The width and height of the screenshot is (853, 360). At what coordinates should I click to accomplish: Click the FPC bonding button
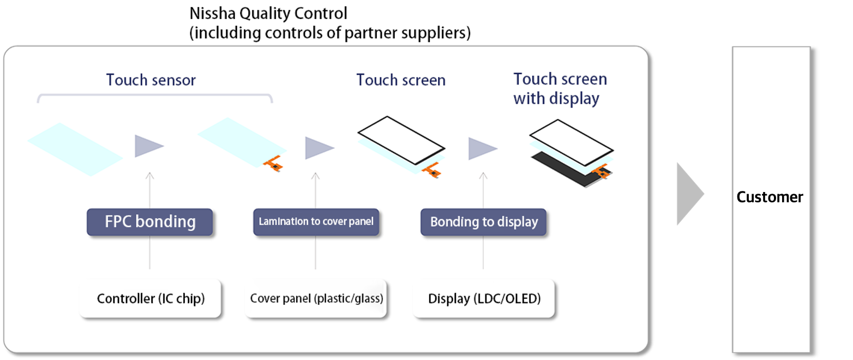point(149,221)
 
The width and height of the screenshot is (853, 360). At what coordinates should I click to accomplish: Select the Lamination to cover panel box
point(316,221)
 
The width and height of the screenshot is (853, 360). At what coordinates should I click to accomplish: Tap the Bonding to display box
point(483,221)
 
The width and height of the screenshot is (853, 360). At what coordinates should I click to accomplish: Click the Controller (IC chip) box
point(151,298)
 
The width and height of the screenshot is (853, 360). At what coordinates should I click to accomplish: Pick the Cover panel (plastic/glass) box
point(316,298)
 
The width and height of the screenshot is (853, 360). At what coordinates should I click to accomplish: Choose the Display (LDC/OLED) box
point(484,298)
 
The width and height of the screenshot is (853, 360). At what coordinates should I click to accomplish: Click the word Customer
point(770,197)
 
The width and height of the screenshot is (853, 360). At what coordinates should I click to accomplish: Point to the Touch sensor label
point(151,80)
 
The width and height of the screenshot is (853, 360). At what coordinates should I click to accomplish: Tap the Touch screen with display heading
point(560,89)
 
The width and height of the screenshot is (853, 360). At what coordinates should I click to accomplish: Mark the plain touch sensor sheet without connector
point(75,149)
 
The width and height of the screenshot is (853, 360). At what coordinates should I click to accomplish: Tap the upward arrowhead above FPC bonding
point(149,176)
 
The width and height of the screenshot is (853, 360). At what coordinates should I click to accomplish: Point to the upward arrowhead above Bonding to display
point(483,176)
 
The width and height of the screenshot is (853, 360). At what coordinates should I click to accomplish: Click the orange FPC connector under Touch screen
point(432,170)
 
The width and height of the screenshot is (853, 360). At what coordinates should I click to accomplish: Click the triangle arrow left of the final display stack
point(483,148)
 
